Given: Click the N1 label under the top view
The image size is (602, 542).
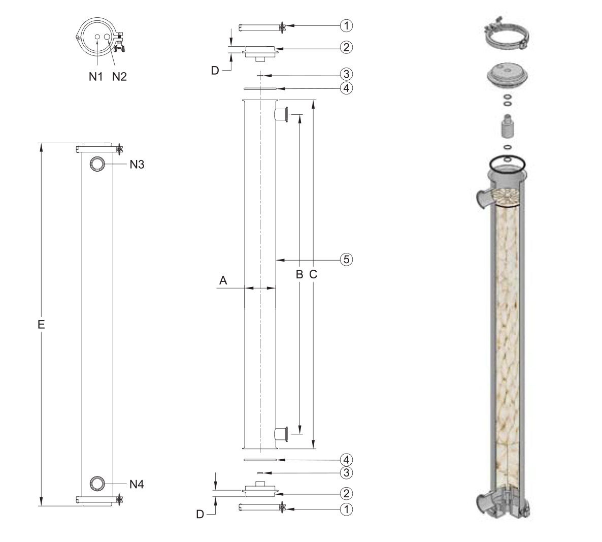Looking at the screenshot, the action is pyautogui.click(x=95, y=77).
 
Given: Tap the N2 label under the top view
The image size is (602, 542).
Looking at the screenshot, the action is pyautogui.click(x=119, y=77).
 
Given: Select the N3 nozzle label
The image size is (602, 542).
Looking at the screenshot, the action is pyautogui.click(x=137, y=165).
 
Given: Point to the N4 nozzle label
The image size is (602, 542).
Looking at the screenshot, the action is pyautogui.click(x=137, y=485).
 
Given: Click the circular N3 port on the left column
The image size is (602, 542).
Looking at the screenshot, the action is pyautogui.click(x=97, y=164).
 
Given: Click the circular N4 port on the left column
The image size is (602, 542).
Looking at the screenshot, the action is pyautogui.click(x=97, y=484).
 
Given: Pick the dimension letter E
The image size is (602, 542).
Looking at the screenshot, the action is pyautogui.click(x=41, y=325).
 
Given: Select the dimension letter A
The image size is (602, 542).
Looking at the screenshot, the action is pyautogui.click(x=223, y=281).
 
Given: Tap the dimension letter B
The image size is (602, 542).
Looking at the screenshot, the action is pyautogui.click(x=299, y=274).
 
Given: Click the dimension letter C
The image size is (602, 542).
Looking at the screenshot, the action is pyautogui.click(x=313, y=274).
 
